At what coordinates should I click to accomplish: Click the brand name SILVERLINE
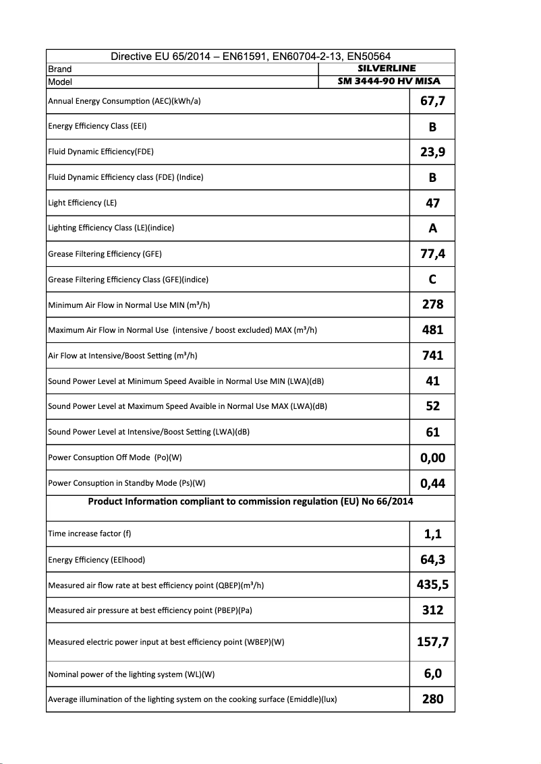386,69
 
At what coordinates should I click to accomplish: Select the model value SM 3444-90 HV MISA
386,82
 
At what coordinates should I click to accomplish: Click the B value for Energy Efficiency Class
432,127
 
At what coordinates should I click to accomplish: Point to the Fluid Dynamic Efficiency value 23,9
432,152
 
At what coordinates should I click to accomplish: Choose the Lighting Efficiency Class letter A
432,228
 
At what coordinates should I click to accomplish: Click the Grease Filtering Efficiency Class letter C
432,280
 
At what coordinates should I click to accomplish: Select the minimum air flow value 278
432,305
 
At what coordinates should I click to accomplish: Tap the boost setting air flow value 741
432,356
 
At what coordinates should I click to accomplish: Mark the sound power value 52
432,406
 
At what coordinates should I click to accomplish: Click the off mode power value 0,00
432,458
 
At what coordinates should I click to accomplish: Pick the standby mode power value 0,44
432,483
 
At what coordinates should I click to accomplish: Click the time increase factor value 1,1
432,534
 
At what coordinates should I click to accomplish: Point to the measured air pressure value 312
432,610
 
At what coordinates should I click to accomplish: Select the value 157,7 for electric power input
432,642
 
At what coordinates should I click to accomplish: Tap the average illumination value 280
432,699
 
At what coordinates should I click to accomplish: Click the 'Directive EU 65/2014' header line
250,57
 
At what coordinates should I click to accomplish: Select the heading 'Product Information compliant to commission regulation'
250,501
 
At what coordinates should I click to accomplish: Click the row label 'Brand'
60,69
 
